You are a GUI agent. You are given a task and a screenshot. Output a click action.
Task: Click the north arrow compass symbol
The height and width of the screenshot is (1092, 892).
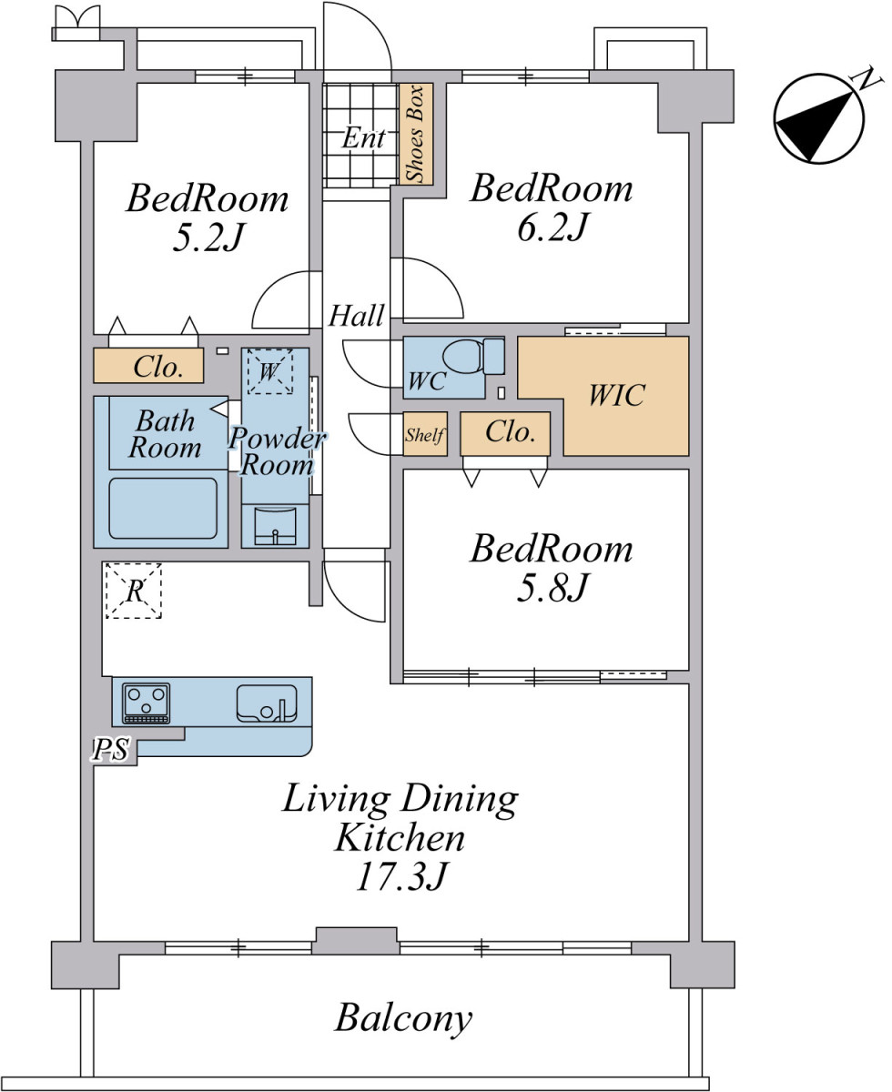(819, 117)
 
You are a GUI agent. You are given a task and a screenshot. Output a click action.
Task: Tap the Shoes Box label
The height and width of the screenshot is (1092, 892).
(415, 134)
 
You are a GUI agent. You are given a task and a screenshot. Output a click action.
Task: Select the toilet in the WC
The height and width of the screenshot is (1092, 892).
(472, 356)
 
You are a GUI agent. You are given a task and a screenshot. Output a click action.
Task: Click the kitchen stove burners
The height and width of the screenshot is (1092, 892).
(146, 703)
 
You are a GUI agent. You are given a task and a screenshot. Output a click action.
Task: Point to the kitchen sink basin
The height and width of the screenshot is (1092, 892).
(267, 703)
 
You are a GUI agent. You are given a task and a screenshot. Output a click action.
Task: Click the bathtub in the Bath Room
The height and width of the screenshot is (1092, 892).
(163, 509)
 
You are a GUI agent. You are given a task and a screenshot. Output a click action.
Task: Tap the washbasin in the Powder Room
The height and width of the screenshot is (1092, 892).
(275, 526)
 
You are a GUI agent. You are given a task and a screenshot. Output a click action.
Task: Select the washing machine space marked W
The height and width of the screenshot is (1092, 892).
(269, 371)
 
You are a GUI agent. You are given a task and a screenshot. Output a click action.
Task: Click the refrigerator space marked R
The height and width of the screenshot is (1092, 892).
(134, 591)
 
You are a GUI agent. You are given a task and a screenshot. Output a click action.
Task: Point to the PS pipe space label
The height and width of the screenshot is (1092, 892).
(110, 750)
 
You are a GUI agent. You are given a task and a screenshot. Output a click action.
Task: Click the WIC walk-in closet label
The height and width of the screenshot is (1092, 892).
(616, 396)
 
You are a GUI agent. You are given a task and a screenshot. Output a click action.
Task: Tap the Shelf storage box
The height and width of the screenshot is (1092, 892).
(425, 434)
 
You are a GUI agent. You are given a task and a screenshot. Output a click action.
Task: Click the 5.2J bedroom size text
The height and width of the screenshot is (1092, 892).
(208, 238)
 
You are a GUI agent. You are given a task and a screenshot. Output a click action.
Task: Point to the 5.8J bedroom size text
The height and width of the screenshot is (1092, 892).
(552, 589)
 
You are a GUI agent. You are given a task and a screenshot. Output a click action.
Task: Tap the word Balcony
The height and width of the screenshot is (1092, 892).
(403, 1017)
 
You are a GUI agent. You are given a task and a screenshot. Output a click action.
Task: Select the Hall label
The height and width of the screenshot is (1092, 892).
(357, 316)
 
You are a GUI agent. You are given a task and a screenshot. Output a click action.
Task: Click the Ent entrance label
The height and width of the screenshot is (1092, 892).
(364, 137)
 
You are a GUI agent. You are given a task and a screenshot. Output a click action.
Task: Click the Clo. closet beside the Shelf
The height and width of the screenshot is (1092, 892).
(505, 434)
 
